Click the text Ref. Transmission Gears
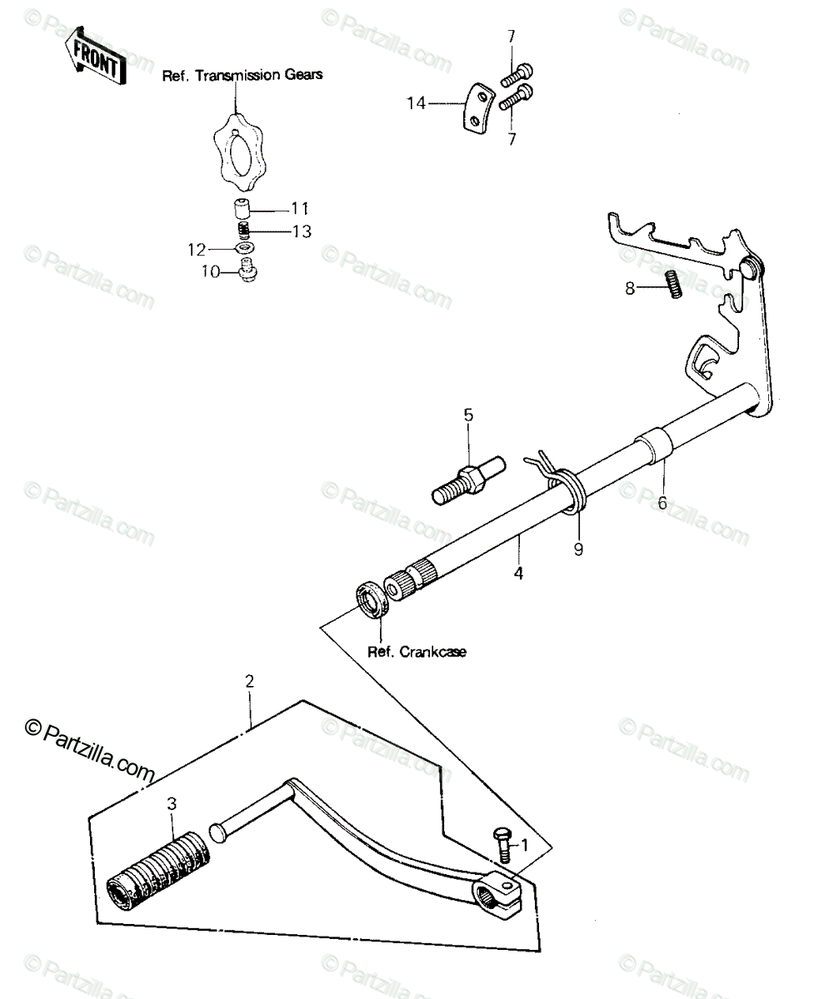coord(242,75)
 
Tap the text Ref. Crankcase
coord(417,652)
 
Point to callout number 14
coord(416,103)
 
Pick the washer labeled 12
coord(245,248)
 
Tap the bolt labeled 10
coord(248,270)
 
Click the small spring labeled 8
coord(674,284)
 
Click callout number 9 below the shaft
coord(578,549)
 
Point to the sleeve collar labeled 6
coord(655,445)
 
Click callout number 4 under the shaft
coord(518,573)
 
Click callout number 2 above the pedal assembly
coord(249,681)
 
